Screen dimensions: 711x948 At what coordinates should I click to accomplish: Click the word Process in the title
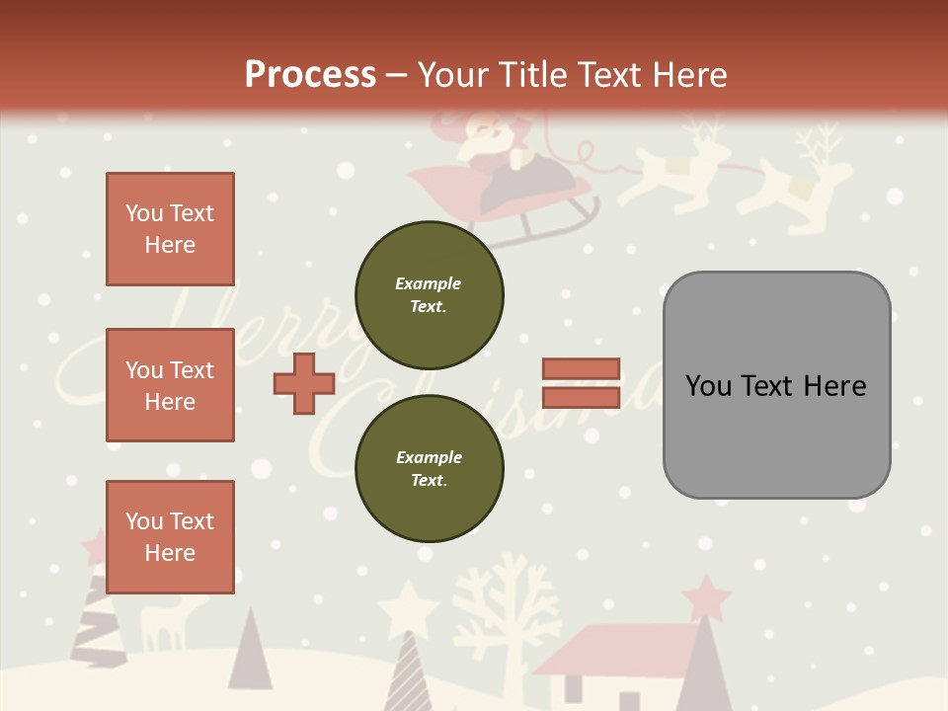tap(310, 74)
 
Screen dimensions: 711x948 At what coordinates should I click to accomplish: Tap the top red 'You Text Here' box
tap(170, 229)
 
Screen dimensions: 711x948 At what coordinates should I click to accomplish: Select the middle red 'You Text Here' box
tap(170, 385)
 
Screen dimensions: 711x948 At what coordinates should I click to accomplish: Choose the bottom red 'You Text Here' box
tap(170, 537)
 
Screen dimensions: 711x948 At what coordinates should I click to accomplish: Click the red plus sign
tap(304, 383)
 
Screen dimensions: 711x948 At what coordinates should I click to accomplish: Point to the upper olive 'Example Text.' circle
tap(430, 294)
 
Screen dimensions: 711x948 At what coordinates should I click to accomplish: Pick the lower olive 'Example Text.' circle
tap(430, 468)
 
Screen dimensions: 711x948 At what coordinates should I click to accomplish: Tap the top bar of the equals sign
tap(582, 369)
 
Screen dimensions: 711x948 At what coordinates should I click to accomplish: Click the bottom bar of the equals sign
tap(582, 398)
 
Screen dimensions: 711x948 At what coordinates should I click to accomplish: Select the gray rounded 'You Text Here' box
tap(776, 385)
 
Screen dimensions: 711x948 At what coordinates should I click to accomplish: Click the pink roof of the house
tap(612, 647)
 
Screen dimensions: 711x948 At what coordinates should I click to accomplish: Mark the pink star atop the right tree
tap(707, 596)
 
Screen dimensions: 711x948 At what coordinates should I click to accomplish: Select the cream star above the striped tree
tap(407, 608)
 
